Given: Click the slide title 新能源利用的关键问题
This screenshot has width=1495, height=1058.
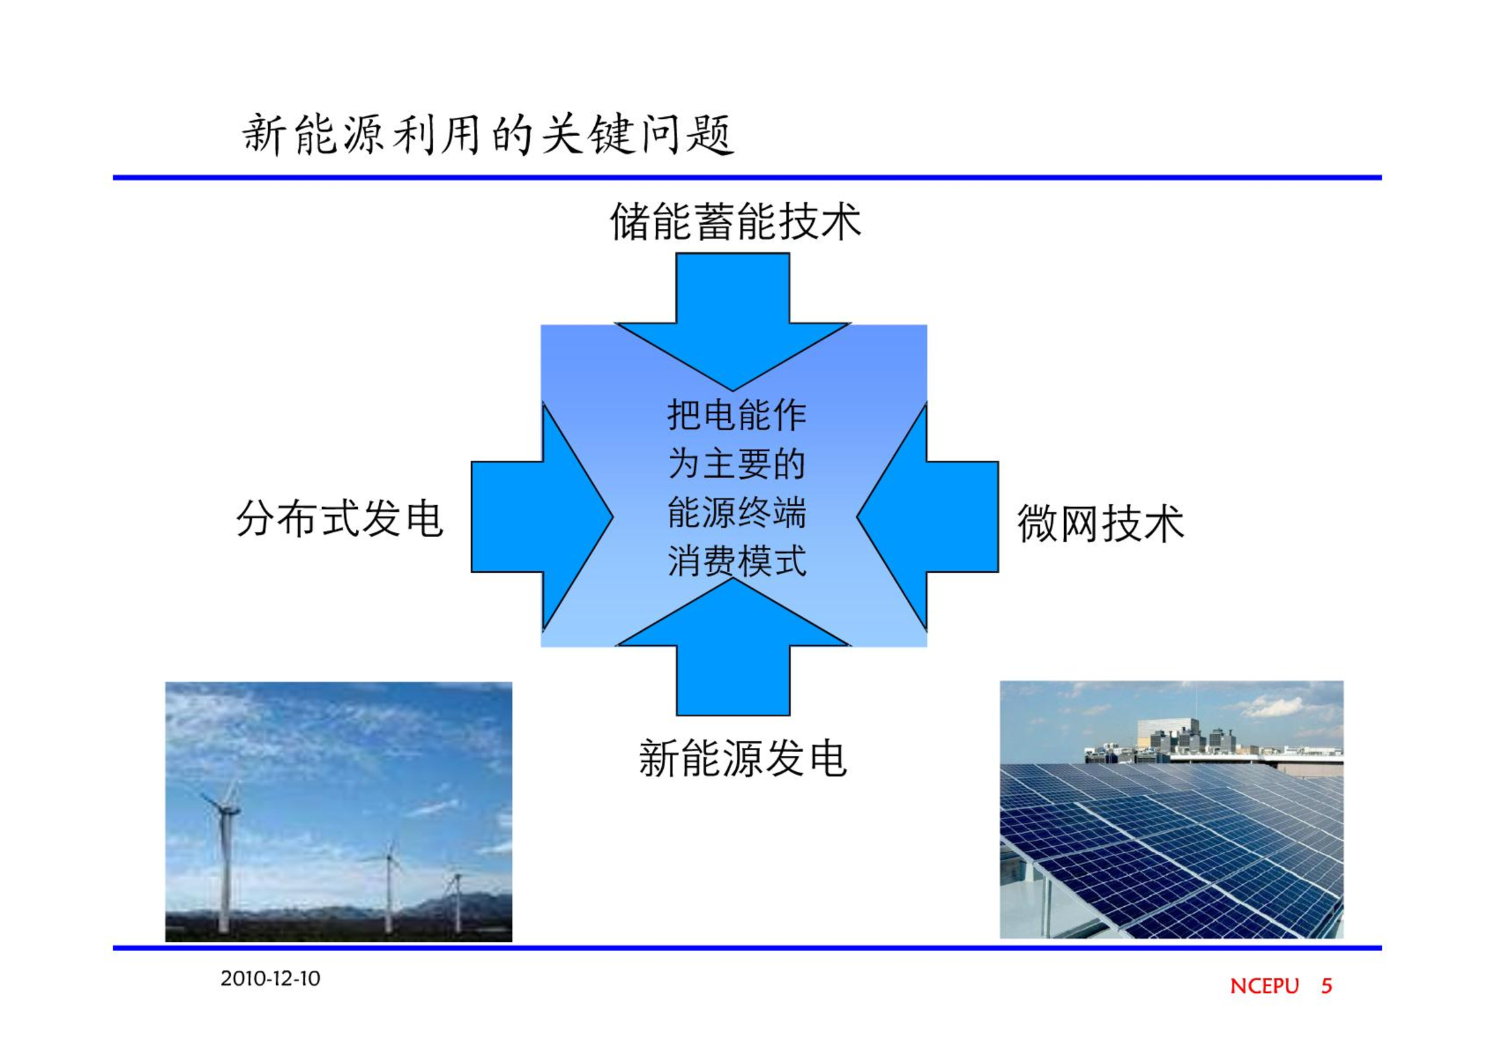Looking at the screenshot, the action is click(x=487, y=135).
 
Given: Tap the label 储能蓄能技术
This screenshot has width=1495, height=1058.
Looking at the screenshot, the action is click(x=736, y=222).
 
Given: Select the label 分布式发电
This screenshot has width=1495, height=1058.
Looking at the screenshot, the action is click(x=340, y=518).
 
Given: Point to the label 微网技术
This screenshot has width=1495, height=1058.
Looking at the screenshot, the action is click(x=1101, y=523).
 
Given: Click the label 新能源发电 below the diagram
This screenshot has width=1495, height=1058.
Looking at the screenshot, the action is click(x=742, y=758).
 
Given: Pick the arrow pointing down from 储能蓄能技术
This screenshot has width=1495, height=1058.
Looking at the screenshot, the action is click(x=733, y=322).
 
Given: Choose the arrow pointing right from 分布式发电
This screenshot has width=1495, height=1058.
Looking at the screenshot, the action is click(x=542, y=516).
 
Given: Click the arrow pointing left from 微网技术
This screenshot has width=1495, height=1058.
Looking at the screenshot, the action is click(x=928, y=516).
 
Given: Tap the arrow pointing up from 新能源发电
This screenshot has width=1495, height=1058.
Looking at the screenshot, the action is click(x=733, y=646).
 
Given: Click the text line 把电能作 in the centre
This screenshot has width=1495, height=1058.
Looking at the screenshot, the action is click(x=736, y=415).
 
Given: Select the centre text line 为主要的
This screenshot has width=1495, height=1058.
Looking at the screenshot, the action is click(x=736, y=463).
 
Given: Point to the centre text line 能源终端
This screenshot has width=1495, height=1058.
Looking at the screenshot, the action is click(x=736, y=512).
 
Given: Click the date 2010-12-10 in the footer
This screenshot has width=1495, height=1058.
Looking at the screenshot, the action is click(x=270, y=978).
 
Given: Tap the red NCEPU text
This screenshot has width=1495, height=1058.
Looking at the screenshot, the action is click(x=1264, y=986).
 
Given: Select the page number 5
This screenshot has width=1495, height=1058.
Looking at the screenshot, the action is click(x=1326, y=986).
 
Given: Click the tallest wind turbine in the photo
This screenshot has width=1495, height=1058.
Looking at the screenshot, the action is click(x=224, y=856).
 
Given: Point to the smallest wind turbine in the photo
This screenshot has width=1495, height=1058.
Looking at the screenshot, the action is click(x=457, y=903).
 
